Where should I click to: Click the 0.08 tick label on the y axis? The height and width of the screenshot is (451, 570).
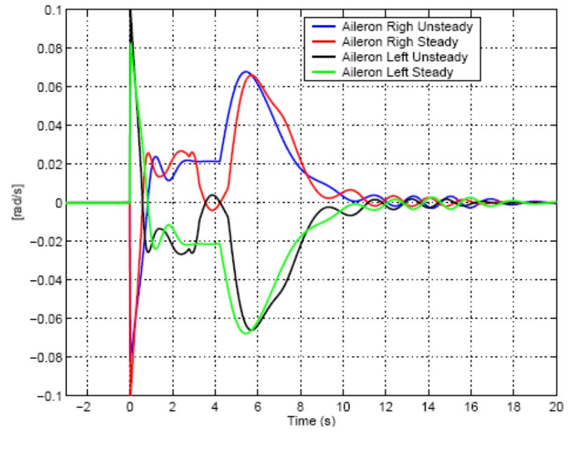[x=46, y=48]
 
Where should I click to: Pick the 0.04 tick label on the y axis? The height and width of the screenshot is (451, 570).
[x=46, y=125]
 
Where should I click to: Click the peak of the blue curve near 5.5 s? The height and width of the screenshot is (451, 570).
[x=245, y=72]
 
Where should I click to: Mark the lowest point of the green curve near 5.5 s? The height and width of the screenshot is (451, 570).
[x=245, y=333]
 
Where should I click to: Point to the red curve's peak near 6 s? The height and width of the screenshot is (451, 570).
[x=252, y=75]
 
